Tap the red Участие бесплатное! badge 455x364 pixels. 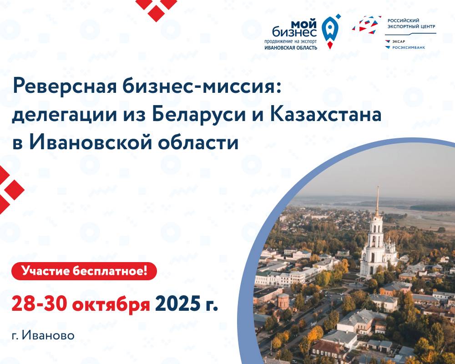[84, 271]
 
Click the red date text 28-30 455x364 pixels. [39, 303]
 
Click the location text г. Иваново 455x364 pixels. [43, 335]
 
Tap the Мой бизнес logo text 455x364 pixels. [294, 29]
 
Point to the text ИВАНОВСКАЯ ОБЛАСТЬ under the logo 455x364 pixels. [291, 47]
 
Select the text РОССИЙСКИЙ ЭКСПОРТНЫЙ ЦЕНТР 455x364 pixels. [411, 24]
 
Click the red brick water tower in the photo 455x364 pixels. [283, 301]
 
